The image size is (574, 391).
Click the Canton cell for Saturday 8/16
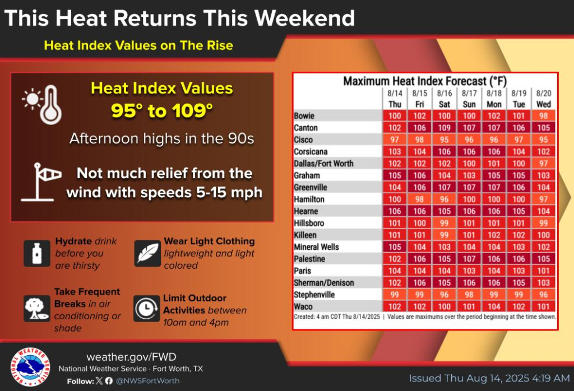click(444, 128)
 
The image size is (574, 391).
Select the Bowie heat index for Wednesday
click(543, 115)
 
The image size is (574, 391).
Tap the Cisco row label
click(303, 139)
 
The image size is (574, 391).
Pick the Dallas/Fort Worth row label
click(323, 164)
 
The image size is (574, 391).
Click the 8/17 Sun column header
click(469, 99)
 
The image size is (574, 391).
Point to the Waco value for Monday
click(494, 306)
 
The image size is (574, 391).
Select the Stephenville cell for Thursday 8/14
click(395, 295)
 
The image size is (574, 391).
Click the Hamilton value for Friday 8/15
click(419, 199)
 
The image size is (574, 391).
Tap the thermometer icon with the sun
click(42, 105)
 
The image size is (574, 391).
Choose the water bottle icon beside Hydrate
click(37, 253)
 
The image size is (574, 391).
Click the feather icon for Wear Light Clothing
click(147, 253)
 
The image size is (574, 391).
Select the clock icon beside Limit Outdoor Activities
click(146, 308)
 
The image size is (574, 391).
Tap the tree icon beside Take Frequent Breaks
click(37, 308)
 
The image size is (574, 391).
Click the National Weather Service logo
click(30, 367)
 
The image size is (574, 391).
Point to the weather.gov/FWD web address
click(131, 357)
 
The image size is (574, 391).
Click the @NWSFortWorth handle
click(147, 381)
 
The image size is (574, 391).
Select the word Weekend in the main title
click(304, 17)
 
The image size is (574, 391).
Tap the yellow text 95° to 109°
click(161, 110)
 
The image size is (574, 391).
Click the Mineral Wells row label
click(316, 247)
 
